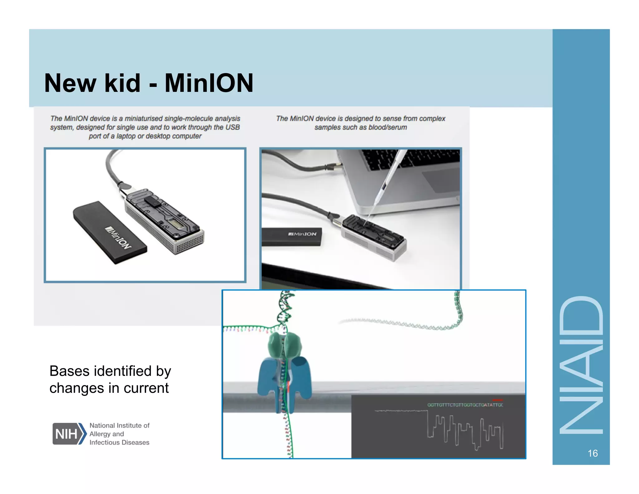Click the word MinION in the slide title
[209, 83]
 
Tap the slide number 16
[593, 453]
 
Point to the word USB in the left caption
[233, 127]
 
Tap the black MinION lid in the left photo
[110, 232]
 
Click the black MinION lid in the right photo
[291, 236]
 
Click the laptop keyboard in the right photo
[412, 159]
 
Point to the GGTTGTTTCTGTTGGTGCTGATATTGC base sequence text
[465, 405]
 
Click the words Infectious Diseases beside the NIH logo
[119, 442]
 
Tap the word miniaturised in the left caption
[144, 119]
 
